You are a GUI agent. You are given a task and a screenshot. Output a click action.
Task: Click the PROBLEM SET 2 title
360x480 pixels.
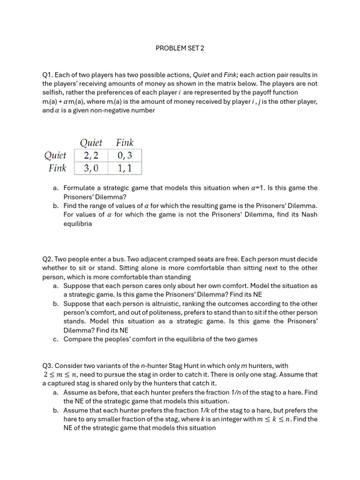coord(180,48)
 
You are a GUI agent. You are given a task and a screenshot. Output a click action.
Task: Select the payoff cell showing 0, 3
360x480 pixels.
coord(124,156)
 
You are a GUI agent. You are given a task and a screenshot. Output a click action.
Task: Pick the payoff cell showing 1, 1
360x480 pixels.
coord(124,168)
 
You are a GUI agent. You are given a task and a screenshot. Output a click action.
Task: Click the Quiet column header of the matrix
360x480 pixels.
coord(91,142)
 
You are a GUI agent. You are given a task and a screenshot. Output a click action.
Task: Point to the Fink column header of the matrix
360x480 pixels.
coord(125,142)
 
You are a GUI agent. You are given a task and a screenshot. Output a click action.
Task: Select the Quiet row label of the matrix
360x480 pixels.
coord(55,156)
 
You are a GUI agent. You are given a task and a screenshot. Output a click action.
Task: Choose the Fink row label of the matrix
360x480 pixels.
coord(58,168)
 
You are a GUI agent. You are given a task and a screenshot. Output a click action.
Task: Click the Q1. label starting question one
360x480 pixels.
coord(48,75)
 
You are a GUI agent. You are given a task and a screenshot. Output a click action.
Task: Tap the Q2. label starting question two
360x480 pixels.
coord(48,259)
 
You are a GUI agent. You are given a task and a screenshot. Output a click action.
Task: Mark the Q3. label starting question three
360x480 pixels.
coord(48,366)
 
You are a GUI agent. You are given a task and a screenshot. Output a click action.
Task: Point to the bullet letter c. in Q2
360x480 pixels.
coord(55,339)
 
